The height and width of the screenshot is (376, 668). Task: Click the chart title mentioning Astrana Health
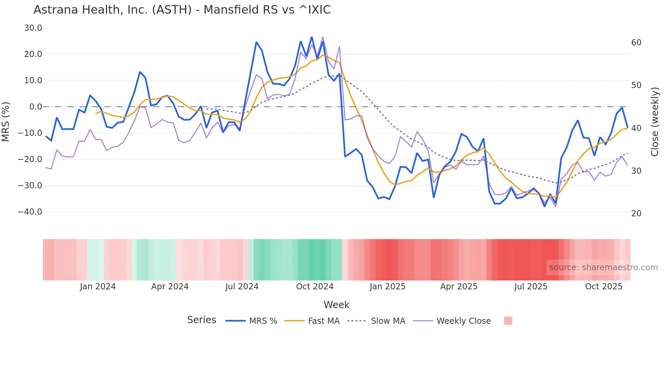182,10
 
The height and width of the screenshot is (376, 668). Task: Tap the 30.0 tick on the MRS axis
33,28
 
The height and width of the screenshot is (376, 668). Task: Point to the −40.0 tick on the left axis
30,212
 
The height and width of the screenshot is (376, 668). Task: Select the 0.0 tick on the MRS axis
36,107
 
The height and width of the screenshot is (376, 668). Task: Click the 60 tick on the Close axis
636,43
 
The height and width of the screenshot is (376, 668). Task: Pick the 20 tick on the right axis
636,214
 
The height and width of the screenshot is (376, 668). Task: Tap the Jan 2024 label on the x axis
98,287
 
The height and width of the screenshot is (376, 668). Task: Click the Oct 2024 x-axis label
315,287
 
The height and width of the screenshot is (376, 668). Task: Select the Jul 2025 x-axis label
531,287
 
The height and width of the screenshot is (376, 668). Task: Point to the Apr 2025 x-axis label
459,287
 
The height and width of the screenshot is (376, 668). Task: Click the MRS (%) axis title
6,121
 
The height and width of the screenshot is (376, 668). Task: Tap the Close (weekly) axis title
655,122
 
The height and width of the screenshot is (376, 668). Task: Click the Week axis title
336,305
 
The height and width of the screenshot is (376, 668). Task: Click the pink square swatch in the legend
508,321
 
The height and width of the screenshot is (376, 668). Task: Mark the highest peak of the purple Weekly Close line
323,37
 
